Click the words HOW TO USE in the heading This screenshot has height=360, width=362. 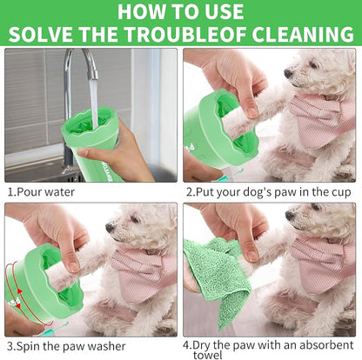(x=181, y=11)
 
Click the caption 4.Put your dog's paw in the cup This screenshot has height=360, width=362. (x=269, y=191)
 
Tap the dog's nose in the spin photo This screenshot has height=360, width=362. (x=109, y=228)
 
